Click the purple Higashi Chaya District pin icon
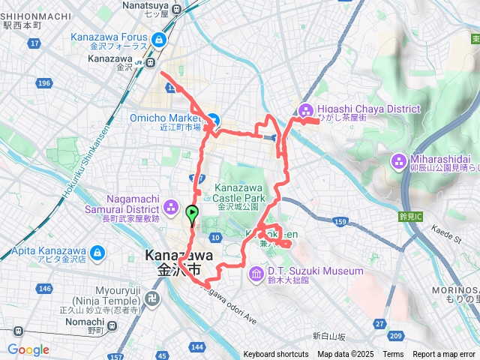click(306, 109)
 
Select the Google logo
click(28, 349)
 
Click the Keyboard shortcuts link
click(276, 355)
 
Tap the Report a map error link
click(445, 355)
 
